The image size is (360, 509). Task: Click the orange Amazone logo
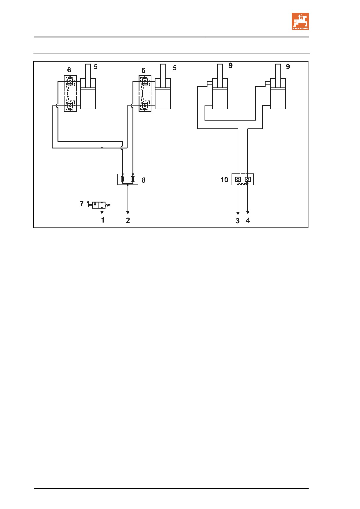(x=300, y=21)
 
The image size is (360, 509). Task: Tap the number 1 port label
(x=103, y=220)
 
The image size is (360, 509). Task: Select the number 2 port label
(x=128, y=220)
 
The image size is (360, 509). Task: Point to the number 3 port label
(x=238, y=221)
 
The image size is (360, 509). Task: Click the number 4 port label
(x=248, y=221)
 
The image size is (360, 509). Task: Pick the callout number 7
(x=82, y=204)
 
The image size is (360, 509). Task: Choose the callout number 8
(x=144, y=180)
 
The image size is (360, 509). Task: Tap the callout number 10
(x=224, y=180)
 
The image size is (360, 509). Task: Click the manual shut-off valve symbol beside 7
(x=99, y=205)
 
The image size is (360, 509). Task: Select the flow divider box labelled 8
(x=128, y=179)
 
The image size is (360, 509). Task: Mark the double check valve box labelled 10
(x=243, y=179)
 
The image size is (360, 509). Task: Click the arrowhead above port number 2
(x=128, y=213)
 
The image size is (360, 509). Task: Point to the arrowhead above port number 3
(x=238, y=214)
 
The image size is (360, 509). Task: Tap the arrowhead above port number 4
(x=248, y=212)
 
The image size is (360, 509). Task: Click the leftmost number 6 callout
(x=69, y=70)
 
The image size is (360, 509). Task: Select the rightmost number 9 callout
(x=288, y=67)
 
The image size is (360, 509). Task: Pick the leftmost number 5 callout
(x=96, y=67)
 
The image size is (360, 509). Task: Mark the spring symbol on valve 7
(x=108, y=205)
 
